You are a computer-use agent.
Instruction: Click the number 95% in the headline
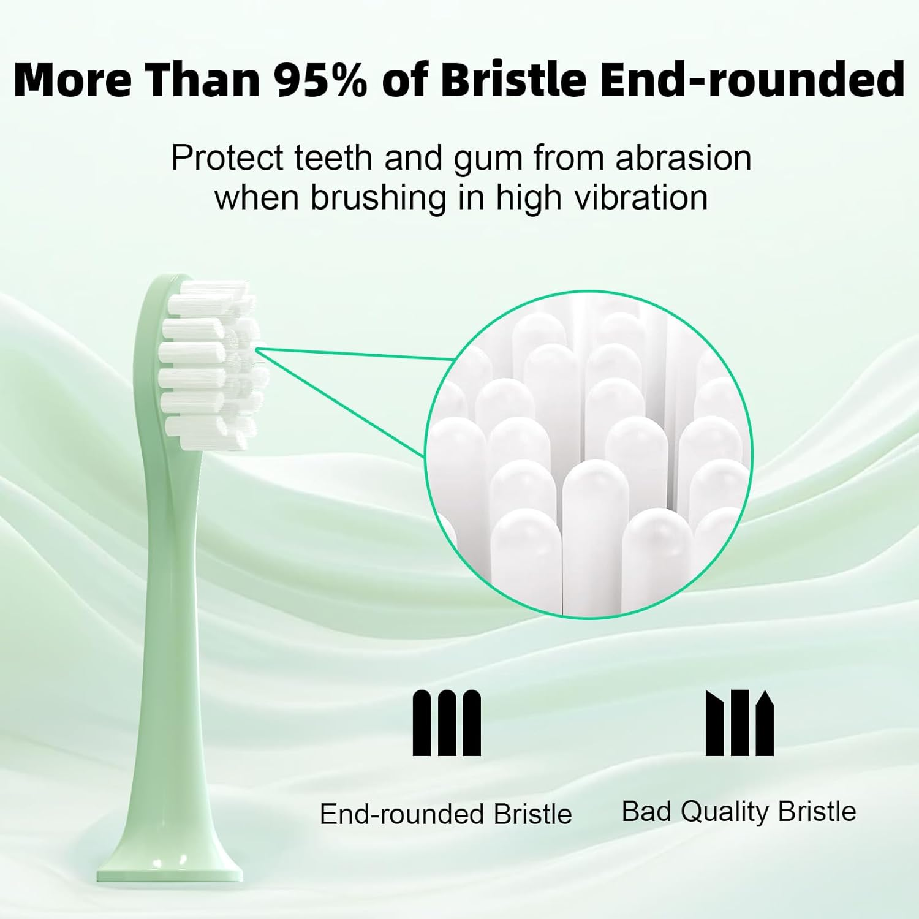point(320,80)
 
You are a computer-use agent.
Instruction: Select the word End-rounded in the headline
point(752,80)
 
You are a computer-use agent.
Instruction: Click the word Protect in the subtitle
point(227,158)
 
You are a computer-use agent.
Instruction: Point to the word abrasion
point(683,158)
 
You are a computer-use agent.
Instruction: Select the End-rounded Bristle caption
point(445,814)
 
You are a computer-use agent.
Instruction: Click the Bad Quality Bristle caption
point(738,811)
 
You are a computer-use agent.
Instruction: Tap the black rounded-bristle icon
point(447,723)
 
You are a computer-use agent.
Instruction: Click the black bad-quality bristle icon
point(739,723)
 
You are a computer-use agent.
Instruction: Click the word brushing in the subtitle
point(378,198)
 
